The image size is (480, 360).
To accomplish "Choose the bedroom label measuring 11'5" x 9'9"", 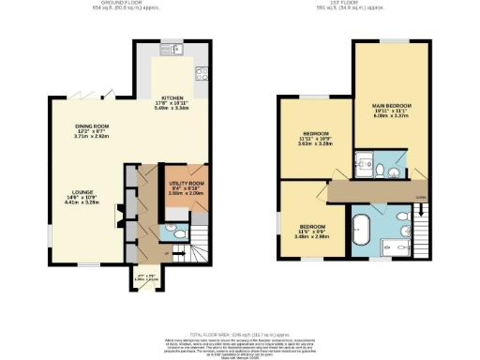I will [313, 231].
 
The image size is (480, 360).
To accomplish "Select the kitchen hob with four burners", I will [202, 73].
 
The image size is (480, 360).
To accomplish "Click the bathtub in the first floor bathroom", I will [361, 228].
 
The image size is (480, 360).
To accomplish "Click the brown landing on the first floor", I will [375, 190].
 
